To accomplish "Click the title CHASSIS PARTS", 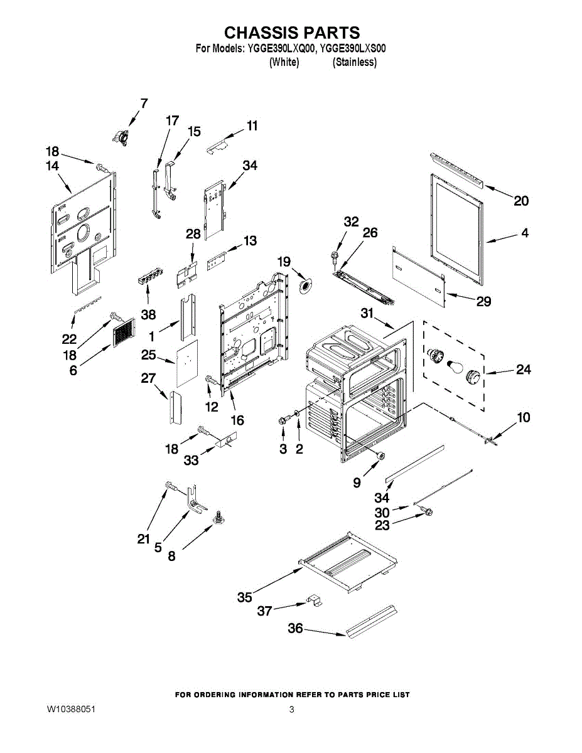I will pos(292,33).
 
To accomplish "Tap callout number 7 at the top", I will pos(144,104).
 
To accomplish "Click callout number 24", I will pos(523,370).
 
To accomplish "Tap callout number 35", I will pos(245,597).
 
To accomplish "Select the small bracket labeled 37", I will pos(315,601).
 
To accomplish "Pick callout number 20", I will pos(521,201).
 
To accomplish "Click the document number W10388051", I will pos(71,709).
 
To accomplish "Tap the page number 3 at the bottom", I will pos(292,709).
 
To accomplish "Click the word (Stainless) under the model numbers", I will pos(355,62).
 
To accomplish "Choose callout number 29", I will pos(483,301).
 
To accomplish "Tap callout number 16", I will pos(237,420).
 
